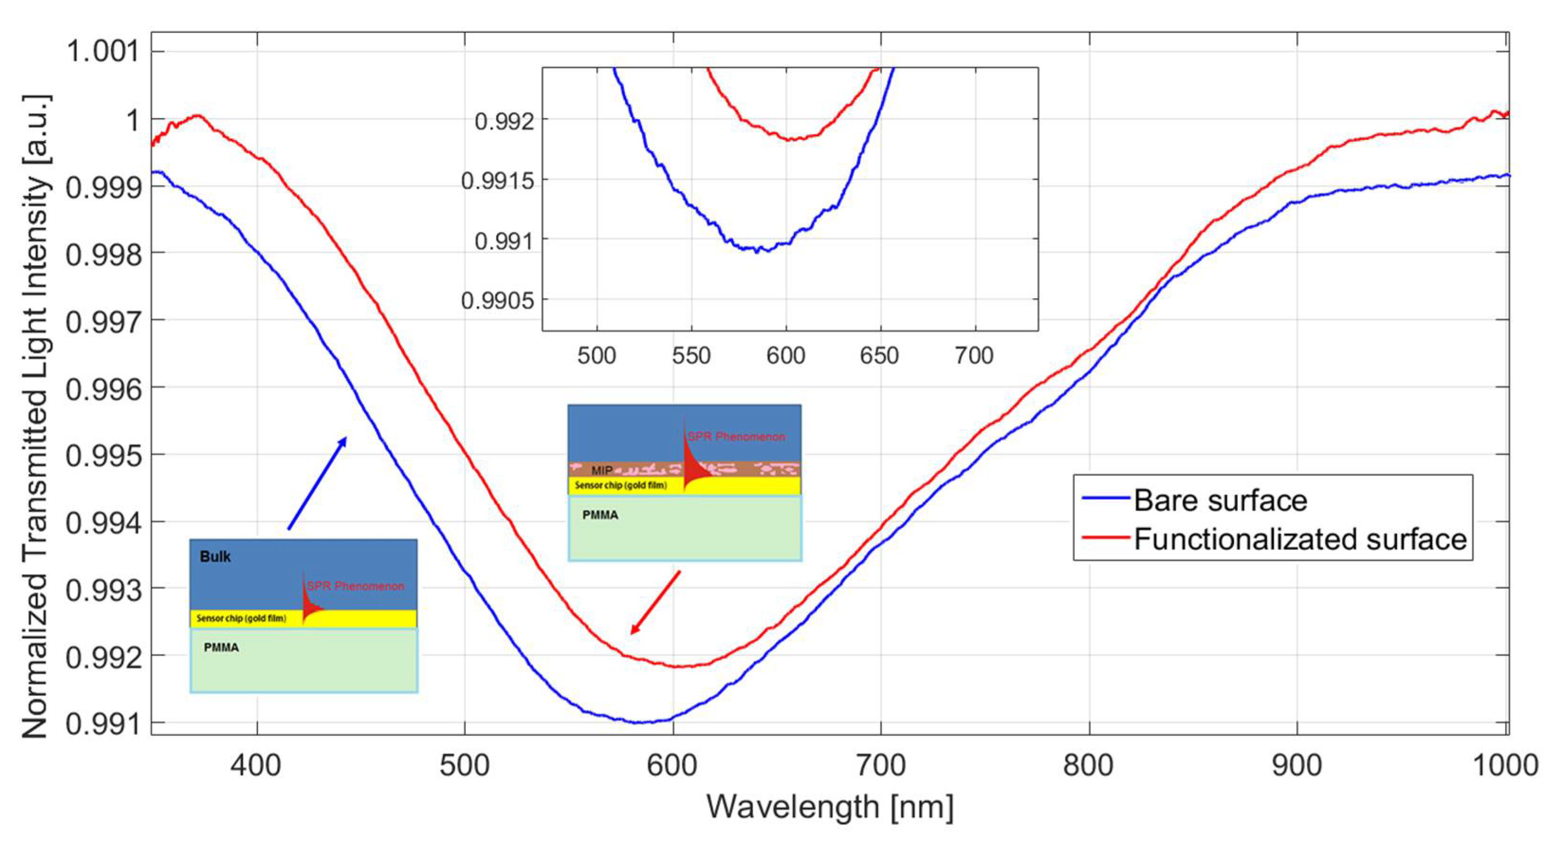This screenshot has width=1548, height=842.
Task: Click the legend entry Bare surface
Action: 1220,501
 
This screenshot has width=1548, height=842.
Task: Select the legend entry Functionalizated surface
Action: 1300,539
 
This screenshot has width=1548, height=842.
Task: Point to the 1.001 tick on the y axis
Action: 102,51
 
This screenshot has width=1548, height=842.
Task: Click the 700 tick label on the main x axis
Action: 880,766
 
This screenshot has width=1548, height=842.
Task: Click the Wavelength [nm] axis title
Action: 829,806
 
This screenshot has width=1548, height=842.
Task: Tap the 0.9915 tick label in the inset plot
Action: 497,180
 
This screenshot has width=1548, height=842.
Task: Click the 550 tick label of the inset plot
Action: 691,356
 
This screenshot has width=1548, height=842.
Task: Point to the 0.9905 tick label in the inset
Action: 497,300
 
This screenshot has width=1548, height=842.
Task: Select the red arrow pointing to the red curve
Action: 655,602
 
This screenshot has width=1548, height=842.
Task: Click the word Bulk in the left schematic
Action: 215,557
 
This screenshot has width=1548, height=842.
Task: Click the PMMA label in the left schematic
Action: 221,647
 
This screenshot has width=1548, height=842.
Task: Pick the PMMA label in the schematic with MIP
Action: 600,515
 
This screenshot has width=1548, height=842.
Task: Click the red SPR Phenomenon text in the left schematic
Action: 355,586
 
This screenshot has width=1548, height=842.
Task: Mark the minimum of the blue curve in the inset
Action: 757,251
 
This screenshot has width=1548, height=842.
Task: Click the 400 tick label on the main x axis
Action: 256,766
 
